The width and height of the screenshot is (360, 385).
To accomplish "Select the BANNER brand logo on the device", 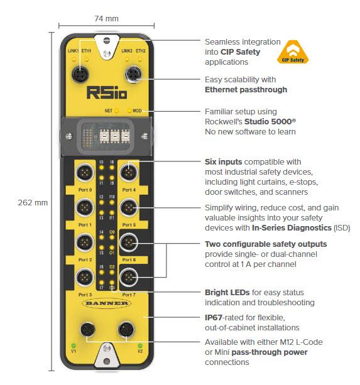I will (105, 303).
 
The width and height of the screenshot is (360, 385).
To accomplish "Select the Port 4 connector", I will (129, 171).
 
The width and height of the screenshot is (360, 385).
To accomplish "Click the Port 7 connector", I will (129, 276).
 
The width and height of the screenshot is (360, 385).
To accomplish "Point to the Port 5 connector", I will (129, 207).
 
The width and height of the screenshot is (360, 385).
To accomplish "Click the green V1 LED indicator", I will (74, 345).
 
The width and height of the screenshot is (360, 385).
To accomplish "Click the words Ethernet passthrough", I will (246, 90).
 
